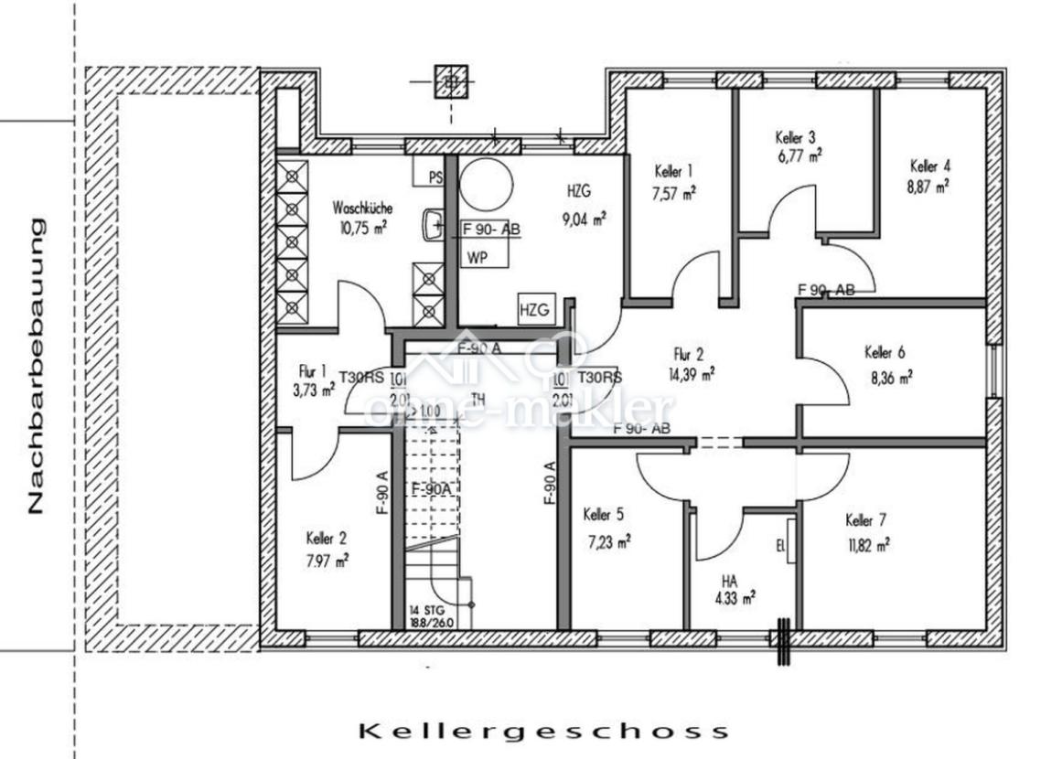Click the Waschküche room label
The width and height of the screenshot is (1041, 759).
click(363, 208)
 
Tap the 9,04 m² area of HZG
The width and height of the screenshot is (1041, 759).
click(585, 219)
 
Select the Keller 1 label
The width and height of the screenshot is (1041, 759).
click(674, 171)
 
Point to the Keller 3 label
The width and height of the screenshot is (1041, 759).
click(796, 138)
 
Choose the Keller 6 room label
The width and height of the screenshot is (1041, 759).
click(885, 353)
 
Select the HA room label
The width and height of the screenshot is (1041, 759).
click(729, 581)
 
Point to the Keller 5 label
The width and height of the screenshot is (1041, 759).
click(603, 516)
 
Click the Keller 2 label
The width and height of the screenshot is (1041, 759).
click(327, 538)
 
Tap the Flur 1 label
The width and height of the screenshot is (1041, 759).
click(312, 371)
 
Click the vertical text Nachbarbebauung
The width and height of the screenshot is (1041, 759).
click(36, 365)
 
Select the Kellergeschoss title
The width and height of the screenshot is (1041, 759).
click(544, 731)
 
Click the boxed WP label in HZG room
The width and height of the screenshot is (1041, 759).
click(477, 257)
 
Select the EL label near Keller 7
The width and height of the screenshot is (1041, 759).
click(780, 548)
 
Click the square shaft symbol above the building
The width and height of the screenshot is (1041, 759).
click(450, 83)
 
